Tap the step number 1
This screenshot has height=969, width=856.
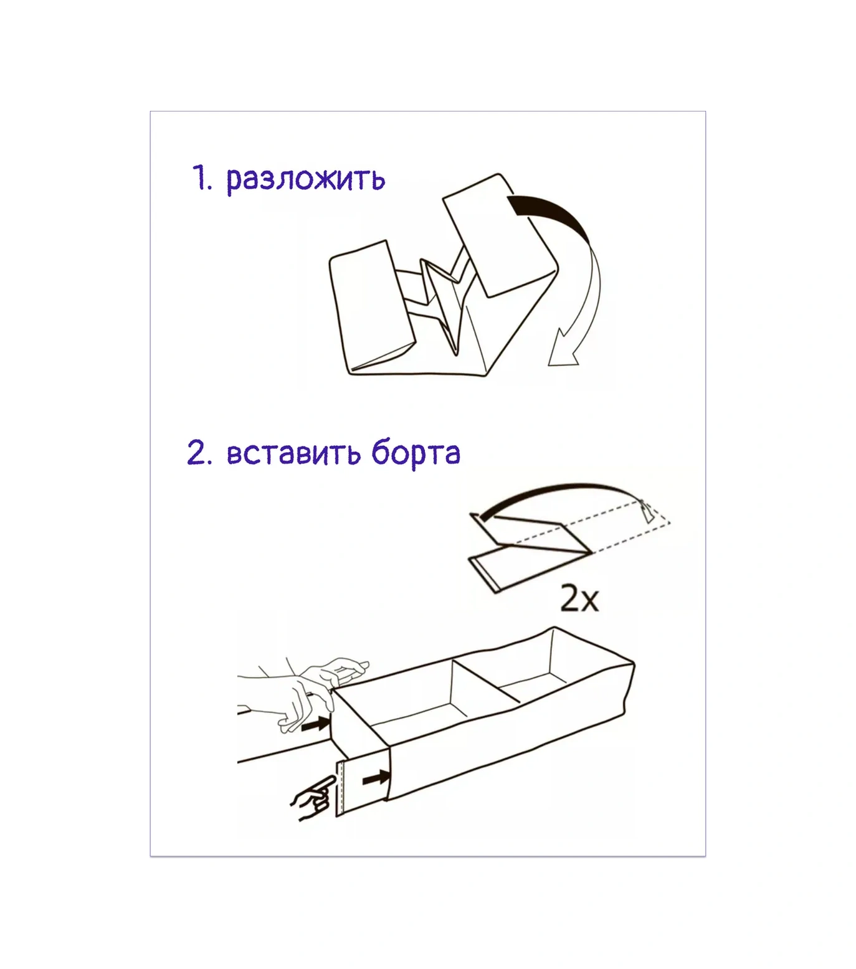click(201, 178)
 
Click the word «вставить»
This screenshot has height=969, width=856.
click(293, 453)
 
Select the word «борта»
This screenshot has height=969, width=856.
click(416, 453)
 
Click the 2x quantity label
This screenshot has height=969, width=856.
click(579, 599)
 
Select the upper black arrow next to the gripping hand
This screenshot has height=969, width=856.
click(315, 724)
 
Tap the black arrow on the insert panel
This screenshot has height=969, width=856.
click(376, 777)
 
